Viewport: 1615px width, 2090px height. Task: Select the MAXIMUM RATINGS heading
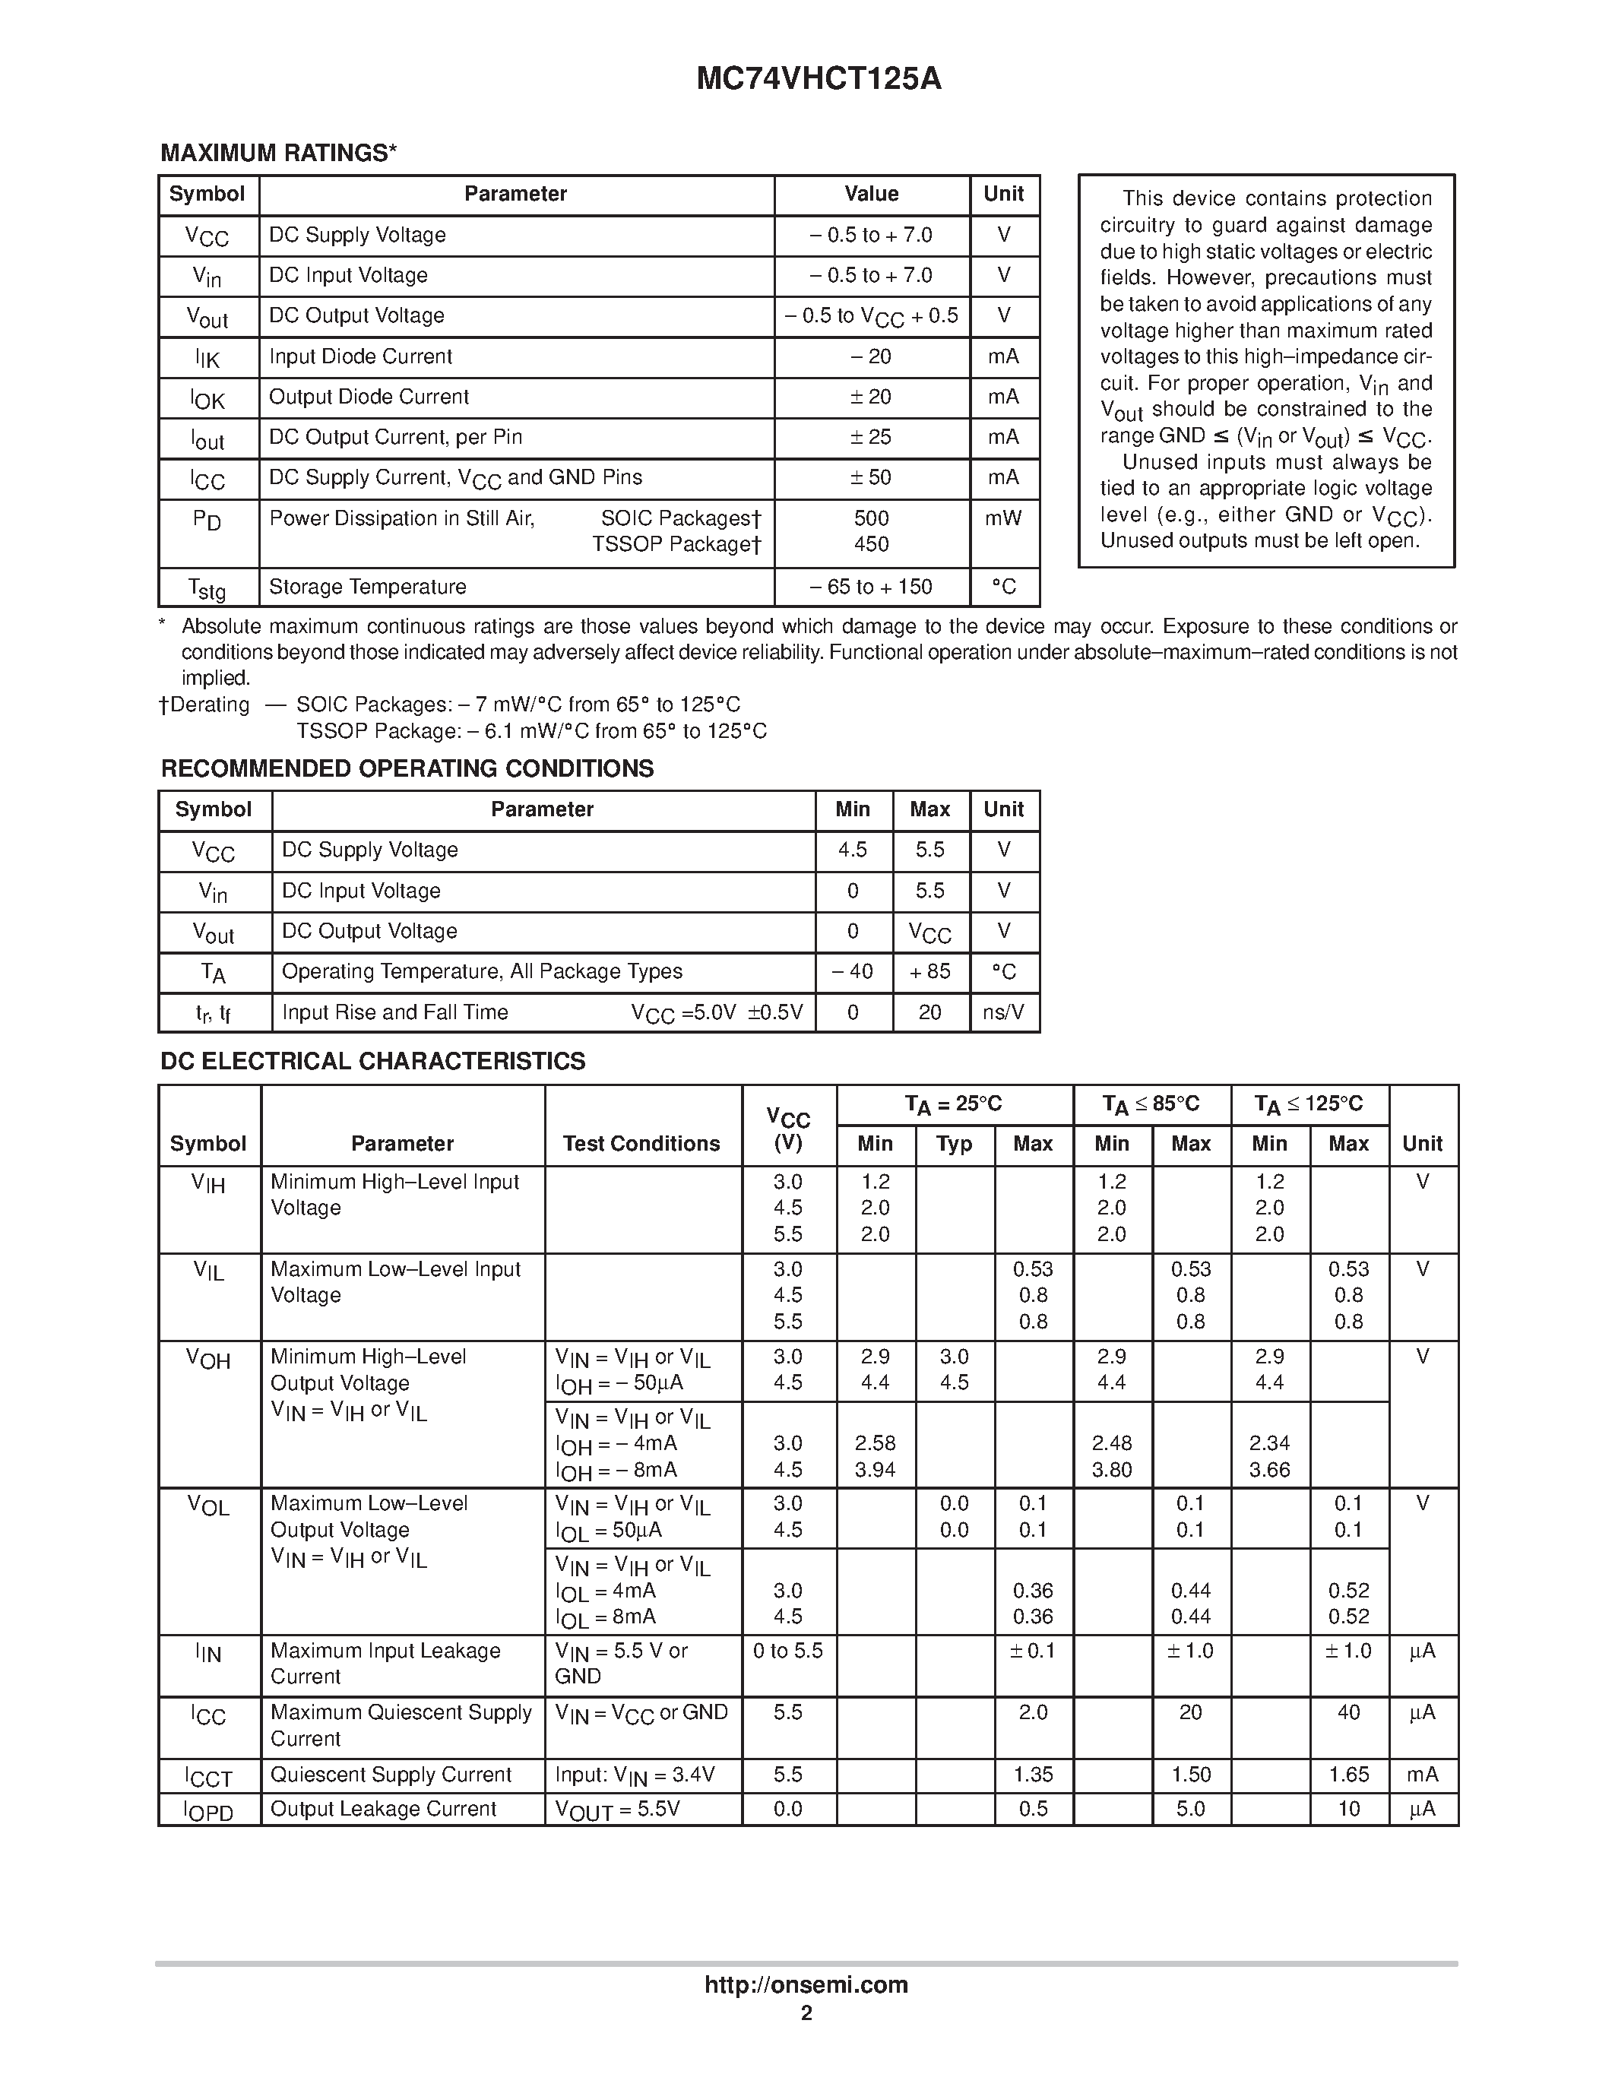coord(278,153)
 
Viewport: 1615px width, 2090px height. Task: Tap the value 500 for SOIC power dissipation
coord(871,518)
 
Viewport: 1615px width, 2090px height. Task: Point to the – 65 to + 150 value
coord(871,587)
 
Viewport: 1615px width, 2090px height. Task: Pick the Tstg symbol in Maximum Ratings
coord(207,588)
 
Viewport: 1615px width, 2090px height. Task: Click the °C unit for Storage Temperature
coord(1004,587)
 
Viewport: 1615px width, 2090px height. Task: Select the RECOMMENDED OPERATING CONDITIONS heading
coord(407,768)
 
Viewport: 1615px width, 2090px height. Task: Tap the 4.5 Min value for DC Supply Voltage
coord(853,850)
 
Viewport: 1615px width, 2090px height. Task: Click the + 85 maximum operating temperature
coord(930,971)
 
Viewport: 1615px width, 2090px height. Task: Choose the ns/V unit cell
coord(1004,1012)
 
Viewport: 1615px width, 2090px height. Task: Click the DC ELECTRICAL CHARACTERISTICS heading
coord(373,1061)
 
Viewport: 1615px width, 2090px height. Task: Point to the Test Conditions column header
coord(641,1144)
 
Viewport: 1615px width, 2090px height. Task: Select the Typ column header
coord(954,1144)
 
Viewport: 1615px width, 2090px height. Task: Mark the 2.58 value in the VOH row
coord(875,1443)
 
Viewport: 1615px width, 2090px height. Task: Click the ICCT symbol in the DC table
coord(208,1777)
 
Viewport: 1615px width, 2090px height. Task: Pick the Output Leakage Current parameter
coord(383,1810)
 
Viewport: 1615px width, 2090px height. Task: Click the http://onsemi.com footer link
coord(806,1984)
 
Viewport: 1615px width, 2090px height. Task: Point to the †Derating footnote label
coord(204,705)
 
